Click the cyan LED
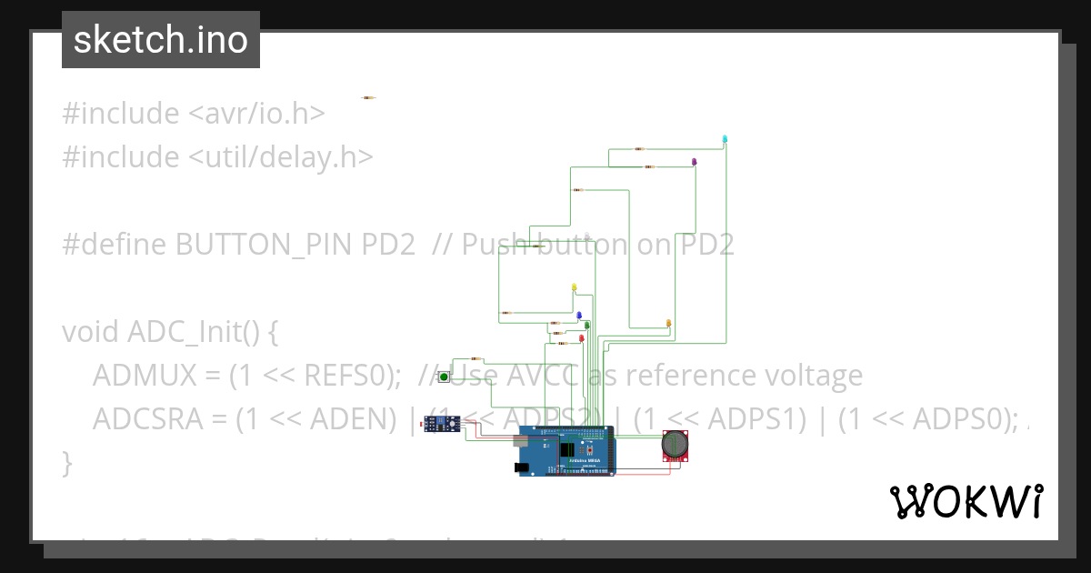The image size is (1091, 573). [725, 139]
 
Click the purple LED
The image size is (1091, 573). [694, 162]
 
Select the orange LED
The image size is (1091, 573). [668, 323]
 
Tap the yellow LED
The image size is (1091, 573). [574, 287]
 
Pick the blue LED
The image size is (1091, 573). [578, 314]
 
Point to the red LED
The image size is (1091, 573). [582, 338]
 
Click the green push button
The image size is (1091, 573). [444, 377]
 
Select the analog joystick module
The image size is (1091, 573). [675, 446]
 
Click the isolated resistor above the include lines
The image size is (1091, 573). [368, 97]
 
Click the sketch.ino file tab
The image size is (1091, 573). [160, 40]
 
